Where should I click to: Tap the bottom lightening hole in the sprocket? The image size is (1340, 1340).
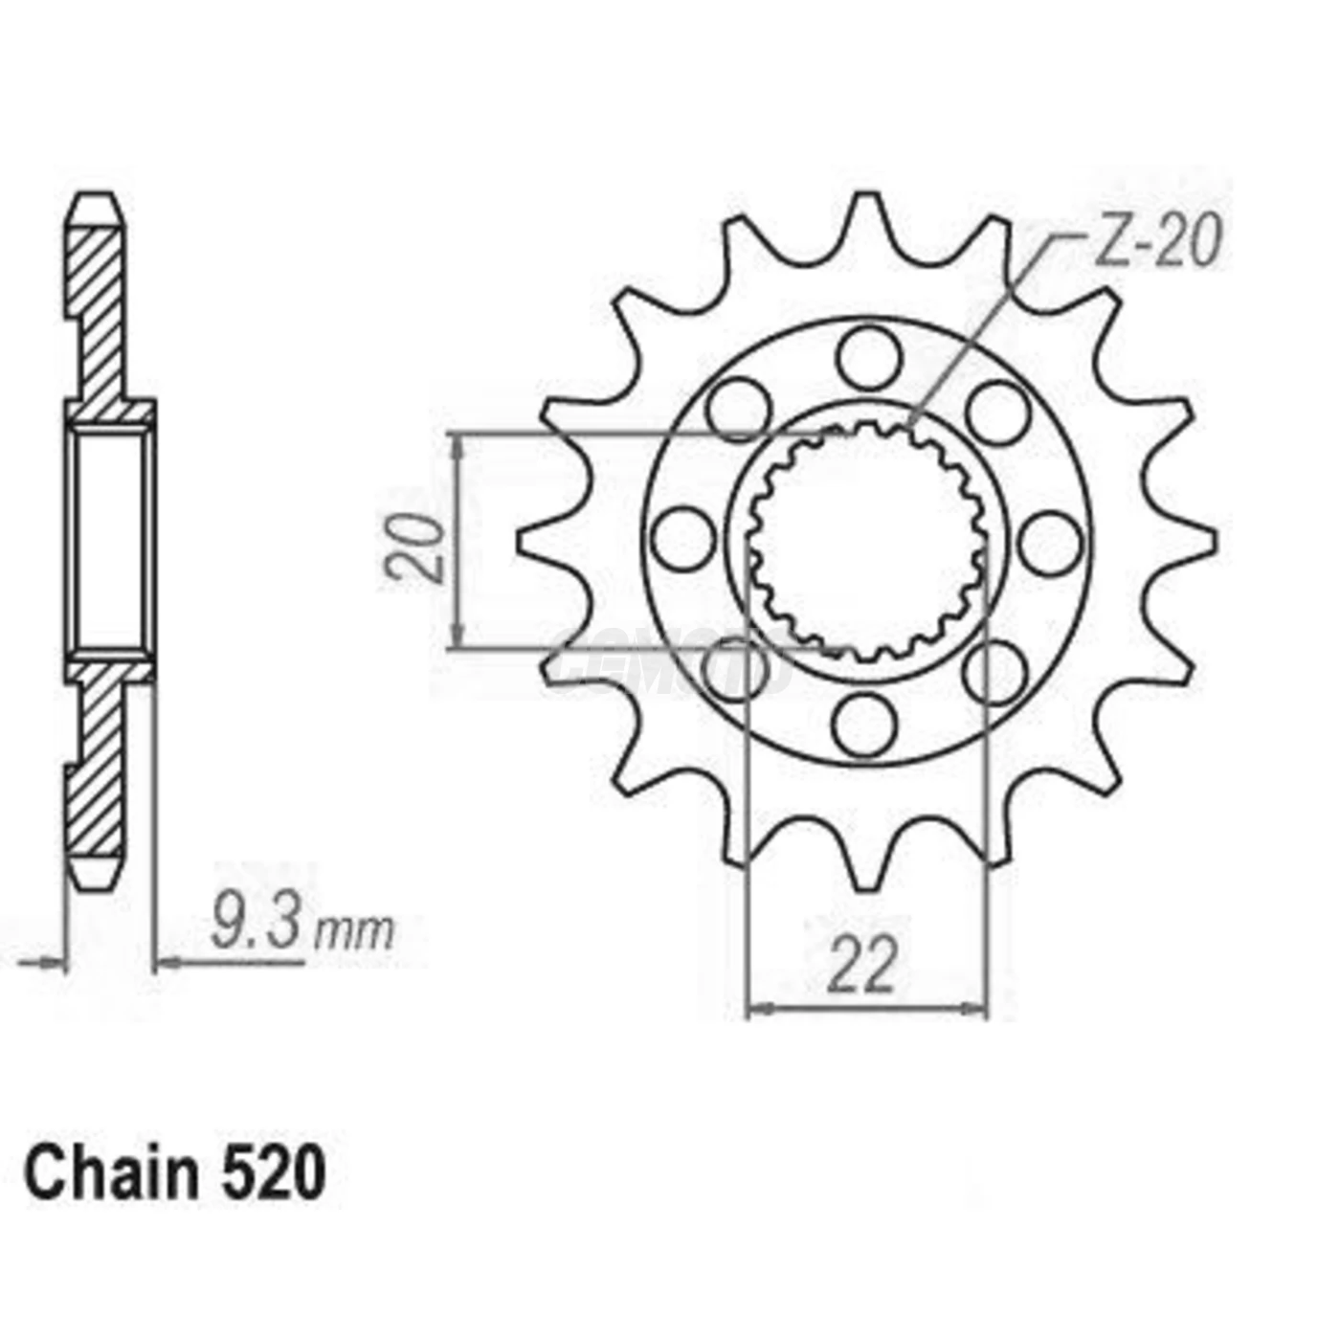pyautogui.click(x=866, y=725)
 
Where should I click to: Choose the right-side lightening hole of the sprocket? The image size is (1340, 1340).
pyautogui.click(x=1051, y=543)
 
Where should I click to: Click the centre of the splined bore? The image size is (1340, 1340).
pyautogui.click(x=866, y=542)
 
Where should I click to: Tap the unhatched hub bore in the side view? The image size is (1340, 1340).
pyautogui.click(x=110, y=541)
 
